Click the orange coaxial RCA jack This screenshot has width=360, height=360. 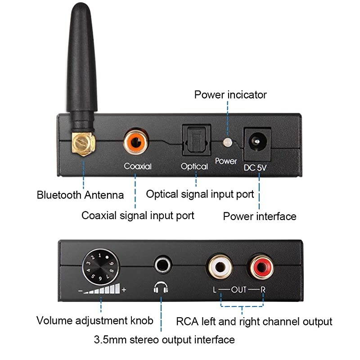coord(135,142)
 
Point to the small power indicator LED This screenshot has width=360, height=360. coord(227,142)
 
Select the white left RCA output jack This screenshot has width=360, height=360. coord(219,267)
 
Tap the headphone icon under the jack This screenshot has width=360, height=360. coord(161,288)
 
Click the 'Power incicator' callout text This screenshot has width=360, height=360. coord(230,95)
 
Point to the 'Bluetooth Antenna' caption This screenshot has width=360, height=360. coord(80,195)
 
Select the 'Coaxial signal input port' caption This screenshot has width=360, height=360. coord(138,216)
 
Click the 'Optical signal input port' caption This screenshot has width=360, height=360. coord(200,194)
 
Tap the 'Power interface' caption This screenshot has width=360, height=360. coord(260,216)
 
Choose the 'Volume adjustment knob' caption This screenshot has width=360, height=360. coord(94,321)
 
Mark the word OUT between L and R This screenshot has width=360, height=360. coord(239,289)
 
